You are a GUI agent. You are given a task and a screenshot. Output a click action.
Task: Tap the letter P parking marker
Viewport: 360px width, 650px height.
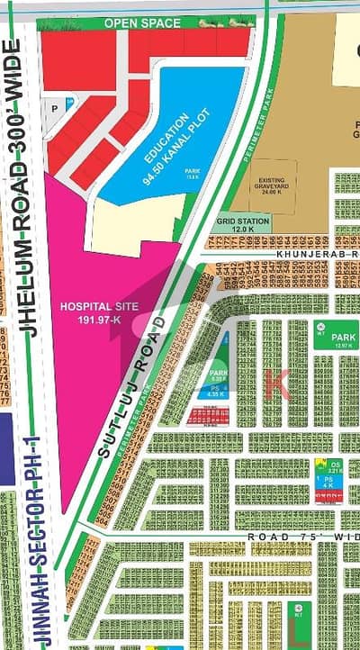click(x=55, y=105)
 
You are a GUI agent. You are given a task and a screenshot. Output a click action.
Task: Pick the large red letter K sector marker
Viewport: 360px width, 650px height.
click(x=275, y=383)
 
